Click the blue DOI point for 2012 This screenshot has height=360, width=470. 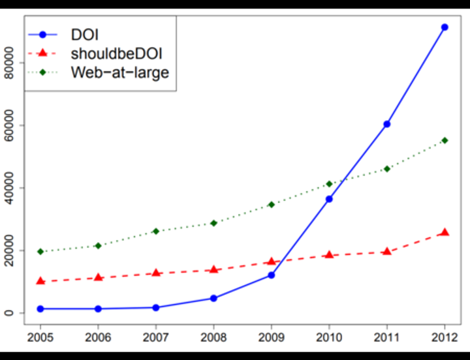point(445,27)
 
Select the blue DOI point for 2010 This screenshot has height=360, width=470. point(329,199)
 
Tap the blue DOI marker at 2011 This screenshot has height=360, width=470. point(387,124)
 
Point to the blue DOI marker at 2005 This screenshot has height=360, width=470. point(40,308)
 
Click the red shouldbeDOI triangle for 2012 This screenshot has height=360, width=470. point(445,232)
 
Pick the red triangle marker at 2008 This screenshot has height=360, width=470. point(213,269)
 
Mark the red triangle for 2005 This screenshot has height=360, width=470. point(40,281)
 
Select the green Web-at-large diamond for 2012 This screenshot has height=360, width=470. point(445,140)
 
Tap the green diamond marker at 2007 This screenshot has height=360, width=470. point(156,232)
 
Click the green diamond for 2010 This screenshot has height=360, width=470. point(329,184)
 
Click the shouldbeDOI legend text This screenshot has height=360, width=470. point(116,53)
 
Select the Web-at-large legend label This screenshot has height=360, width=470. point(119,72)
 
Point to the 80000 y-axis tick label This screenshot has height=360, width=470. point(9,63)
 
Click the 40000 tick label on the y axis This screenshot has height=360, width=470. point(9,188)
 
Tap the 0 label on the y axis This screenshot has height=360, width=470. point(9,313)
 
